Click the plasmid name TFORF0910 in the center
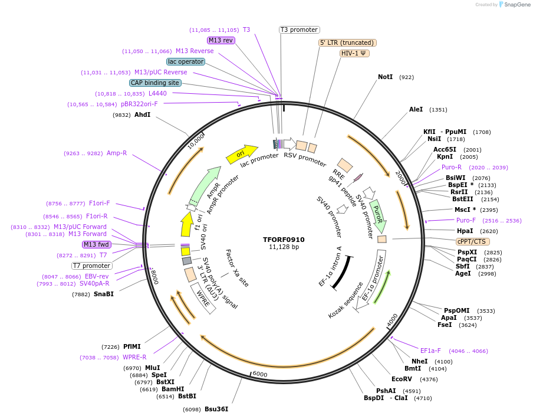coord(284,240)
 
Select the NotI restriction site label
coord(385,77)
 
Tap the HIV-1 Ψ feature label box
coord(355,53)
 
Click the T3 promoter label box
coord(299,30)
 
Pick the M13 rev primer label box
coord(221,40)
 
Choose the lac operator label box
coord(186,61)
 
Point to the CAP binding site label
coord(155,83)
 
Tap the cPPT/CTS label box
coord(473,241)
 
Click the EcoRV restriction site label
coord(402,379)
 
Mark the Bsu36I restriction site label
coord(216,409)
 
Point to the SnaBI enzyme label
coord(103,294)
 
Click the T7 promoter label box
coord(91,266)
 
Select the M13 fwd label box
coord(96,244)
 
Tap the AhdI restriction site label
coord(142,114)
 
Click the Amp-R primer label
coord(116,153)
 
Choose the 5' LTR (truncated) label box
coord(347,42)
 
